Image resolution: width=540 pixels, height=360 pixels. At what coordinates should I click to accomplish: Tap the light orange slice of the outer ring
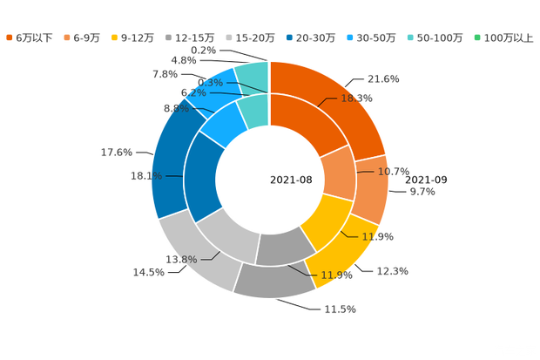point(374,187)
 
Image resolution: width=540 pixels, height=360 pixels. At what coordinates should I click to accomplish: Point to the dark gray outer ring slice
point(277,281)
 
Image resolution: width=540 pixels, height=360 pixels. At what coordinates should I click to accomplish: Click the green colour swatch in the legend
point(476,37)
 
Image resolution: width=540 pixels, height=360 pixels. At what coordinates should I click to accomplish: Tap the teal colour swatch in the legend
point(411,37)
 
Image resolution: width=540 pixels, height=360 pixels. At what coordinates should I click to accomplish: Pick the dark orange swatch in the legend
point(10,37)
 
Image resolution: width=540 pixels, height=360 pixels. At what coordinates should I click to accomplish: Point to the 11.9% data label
point(338,275)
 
